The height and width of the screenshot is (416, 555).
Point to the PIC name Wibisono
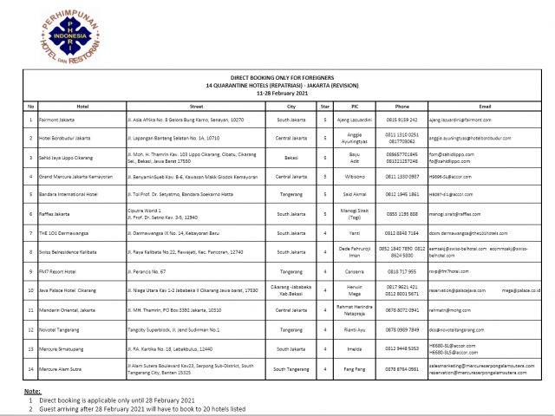353,177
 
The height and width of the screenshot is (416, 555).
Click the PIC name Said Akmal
353,195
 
